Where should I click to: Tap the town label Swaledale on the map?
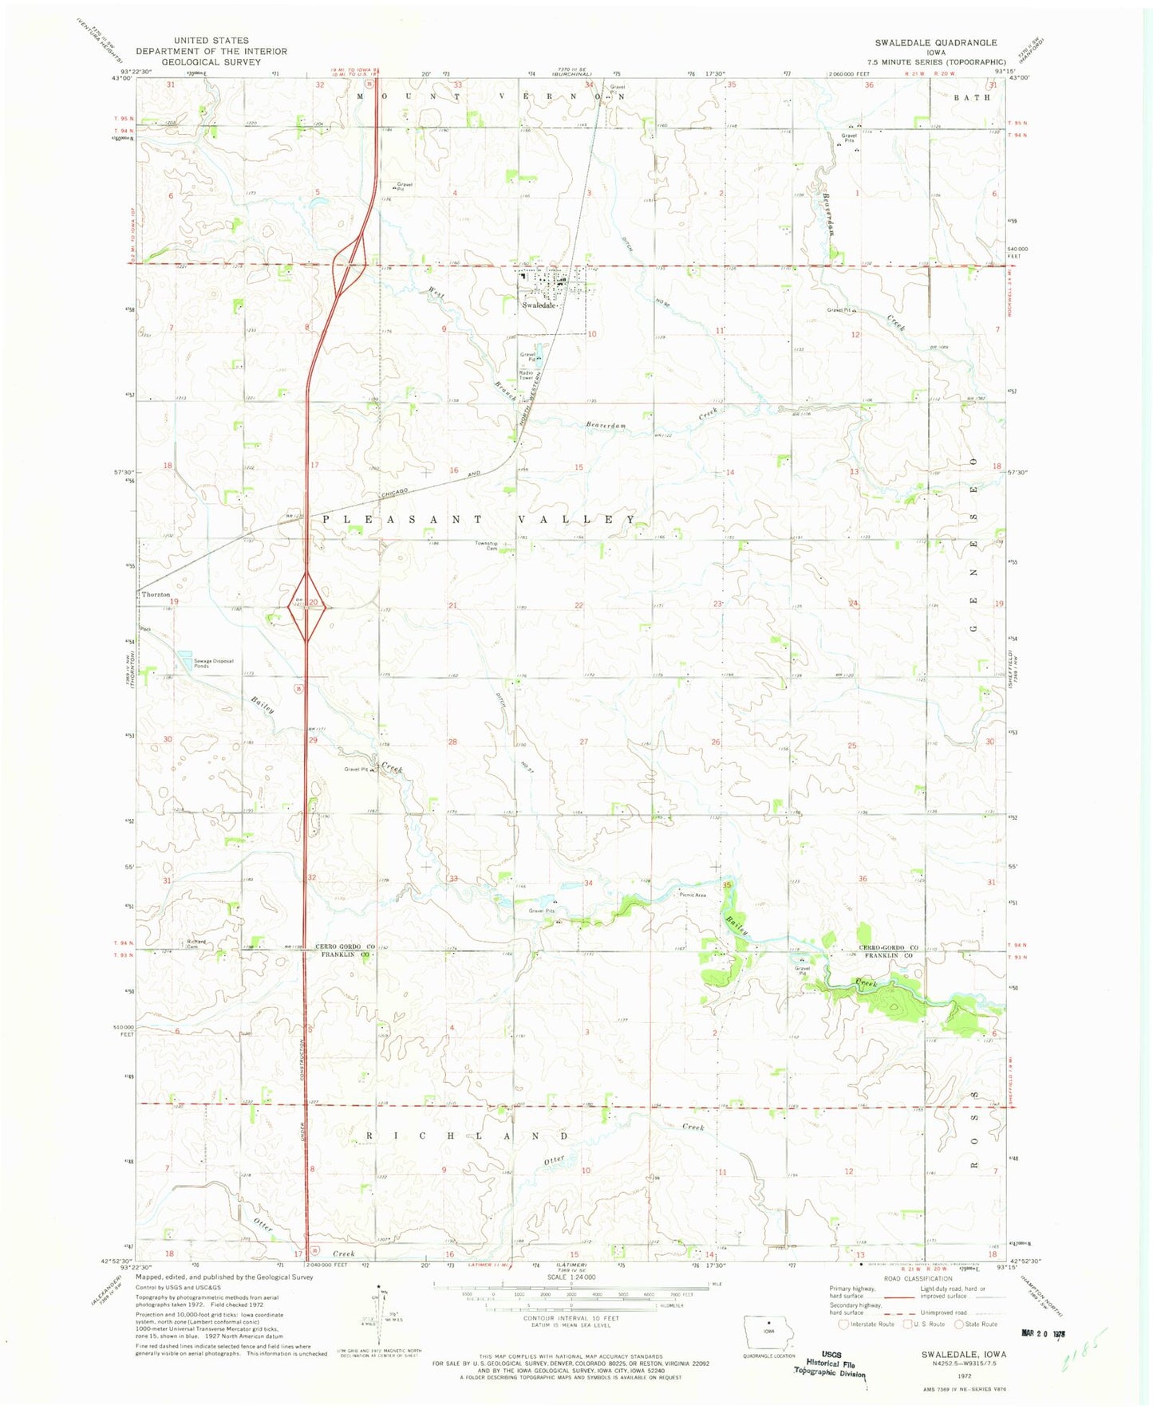(539, 305)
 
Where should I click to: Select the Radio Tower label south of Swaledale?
(526, 376)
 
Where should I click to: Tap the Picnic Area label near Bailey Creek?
(693, 895)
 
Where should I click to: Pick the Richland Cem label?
(196, 944)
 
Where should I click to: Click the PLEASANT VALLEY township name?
(479, 519)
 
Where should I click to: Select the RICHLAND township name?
(467, 1135)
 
